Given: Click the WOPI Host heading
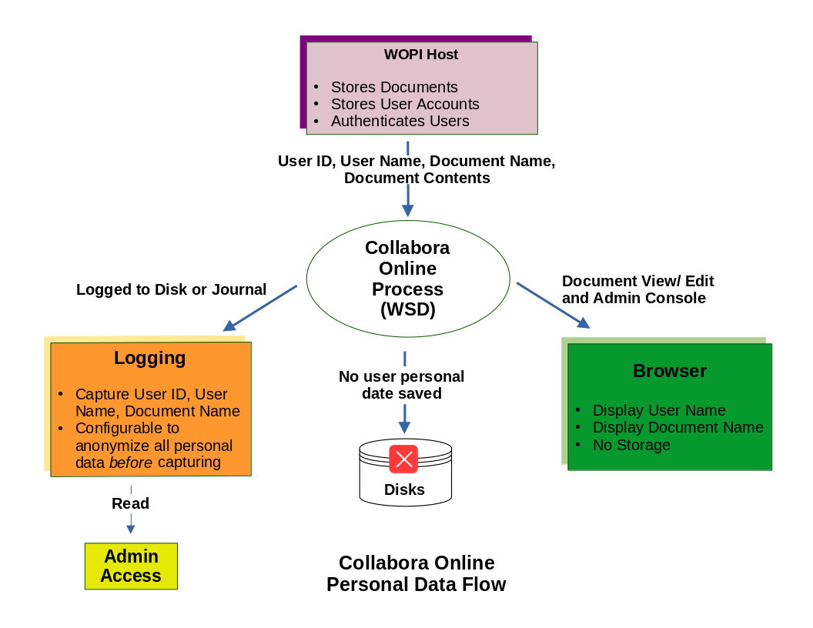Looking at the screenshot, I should tap(421, 55).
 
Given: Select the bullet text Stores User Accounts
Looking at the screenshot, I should tap(405, 104).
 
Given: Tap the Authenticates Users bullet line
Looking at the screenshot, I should tap(400, 121).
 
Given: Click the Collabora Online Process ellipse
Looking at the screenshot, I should tap(408, 279).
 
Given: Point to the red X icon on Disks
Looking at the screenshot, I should tap(403, 459).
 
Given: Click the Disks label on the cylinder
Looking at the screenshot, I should tap(404, 489).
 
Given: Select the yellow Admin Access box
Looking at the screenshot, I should tap(131, 566).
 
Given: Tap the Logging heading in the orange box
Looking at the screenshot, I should tap(150, 358).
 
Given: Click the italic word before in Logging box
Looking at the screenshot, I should tap(131, 463).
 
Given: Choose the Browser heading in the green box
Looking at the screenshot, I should tap(670, 371).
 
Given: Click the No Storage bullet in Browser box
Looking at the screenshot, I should tap(631, 445).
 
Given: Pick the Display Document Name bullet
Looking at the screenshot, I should tap(677, 427).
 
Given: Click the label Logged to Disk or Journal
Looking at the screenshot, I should tap(171, 290).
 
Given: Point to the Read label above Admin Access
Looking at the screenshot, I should tap(130, 504).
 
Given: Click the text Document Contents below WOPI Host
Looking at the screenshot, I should tap(417, 178).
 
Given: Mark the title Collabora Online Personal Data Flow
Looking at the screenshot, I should tap(416, 573).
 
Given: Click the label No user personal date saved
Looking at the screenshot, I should tap(402, 385).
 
